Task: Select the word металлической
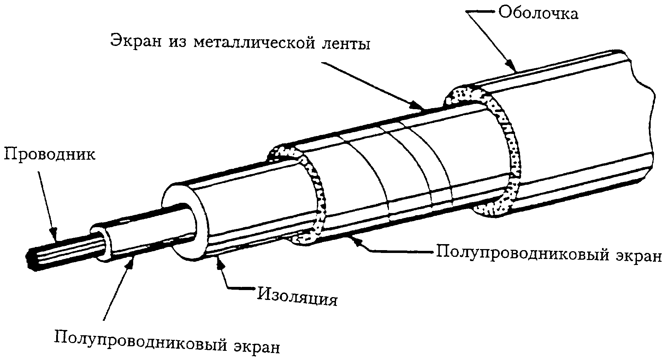point(255,44)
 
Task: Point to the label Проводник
point(50,154)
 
